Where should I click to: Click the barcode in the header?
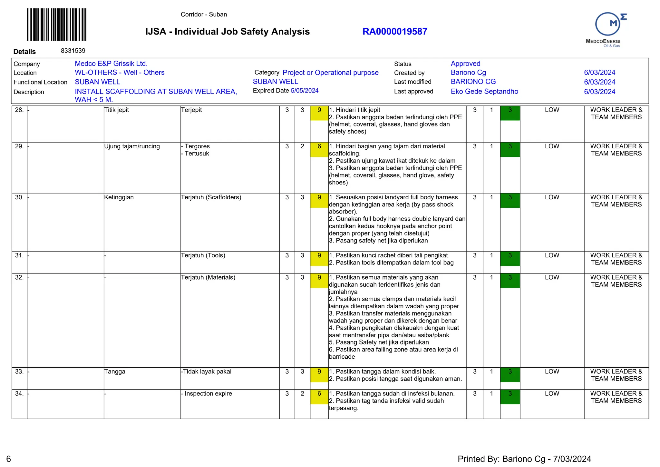[56, 25]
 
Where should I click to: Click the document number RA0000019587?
[395, 32]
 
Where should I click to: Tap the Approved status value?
[465, 64]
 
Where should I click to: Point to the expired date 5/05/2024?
[305, 91]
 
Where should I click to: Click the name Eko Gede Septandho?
[484, 92]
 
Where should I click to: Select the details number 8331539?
[73, 51]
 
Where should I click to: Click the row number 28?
[19, 110]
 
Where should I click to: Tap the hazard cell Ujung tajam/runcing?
[132, 146]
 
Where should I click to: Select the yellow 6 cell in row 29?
[319, 150]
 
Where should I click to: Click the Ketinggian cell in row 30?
[119, 197]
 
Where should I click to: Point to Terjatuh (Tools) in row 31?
[203, 255]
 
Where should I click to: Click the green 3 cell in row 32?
[510, 281]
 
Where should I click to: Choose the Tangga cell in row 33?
[115, 372]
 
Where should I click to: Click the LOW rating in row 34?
[552, 394]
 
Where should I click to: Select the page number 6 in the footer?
[9, 459]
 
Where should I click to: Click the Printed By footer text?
[524, 459]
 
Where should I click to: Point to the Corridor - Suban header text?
[204, 15]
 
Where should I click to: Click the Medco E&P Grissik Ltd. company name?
[111, 64]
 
